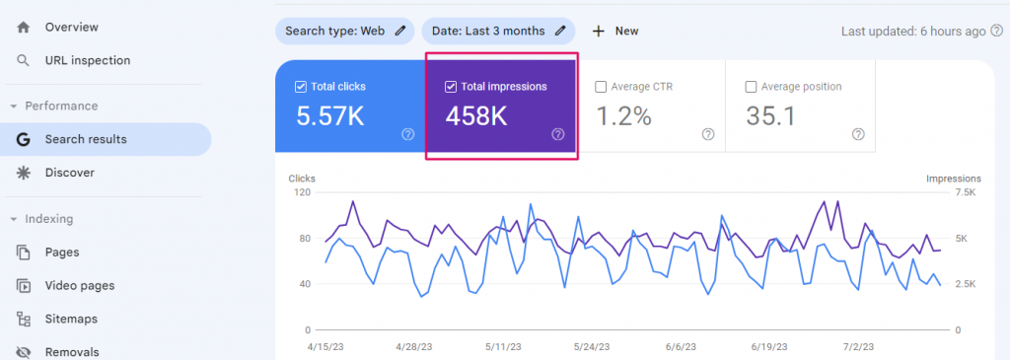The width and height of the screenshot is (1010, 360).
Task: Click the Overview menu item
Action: (x=71, y=27)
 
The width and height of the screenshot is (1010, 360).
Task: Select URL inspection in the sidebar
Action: (x=87, y=60)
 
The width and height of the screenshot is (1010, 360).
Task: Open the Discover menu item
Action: (x=69, y=173)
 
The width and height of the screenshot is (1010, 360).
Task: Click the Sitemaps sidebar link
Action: (x=72, y=319)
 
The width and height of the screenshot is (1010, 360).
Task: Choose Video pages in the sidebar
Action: (x=79, y=285)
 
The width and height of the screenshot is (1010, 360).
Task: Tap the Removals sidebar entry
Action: (x=71, y=351)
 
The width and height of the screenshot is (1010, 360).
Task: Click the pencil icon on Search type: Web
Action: (x=399, y=31)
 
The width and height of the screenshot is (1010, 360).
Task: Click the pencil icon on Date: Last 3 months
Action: (x=560, y=31)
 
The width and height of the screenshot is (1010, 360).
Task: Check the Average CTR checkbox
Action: (x=601, y=87)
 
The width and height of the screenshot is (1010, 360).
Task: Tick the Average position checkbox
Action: (x=753, y=87)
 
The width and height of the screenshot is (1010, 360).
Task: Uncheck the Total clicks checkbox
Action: (x=301, y=87)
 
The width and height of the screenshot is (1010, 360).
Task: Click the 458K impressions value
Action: (x=476, y=116)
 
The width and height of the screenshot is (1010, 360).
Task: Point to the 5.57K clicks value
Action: (x=330, y=116)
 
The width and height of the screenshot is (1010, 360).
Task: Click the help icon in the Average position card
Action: (x=858, y=134)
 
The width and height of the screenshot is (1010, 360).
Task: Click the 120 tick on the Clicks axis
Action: (x=301, y=192)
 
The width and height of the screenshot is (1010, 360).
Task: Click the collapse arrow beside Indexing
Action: (x=14, y=219)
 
